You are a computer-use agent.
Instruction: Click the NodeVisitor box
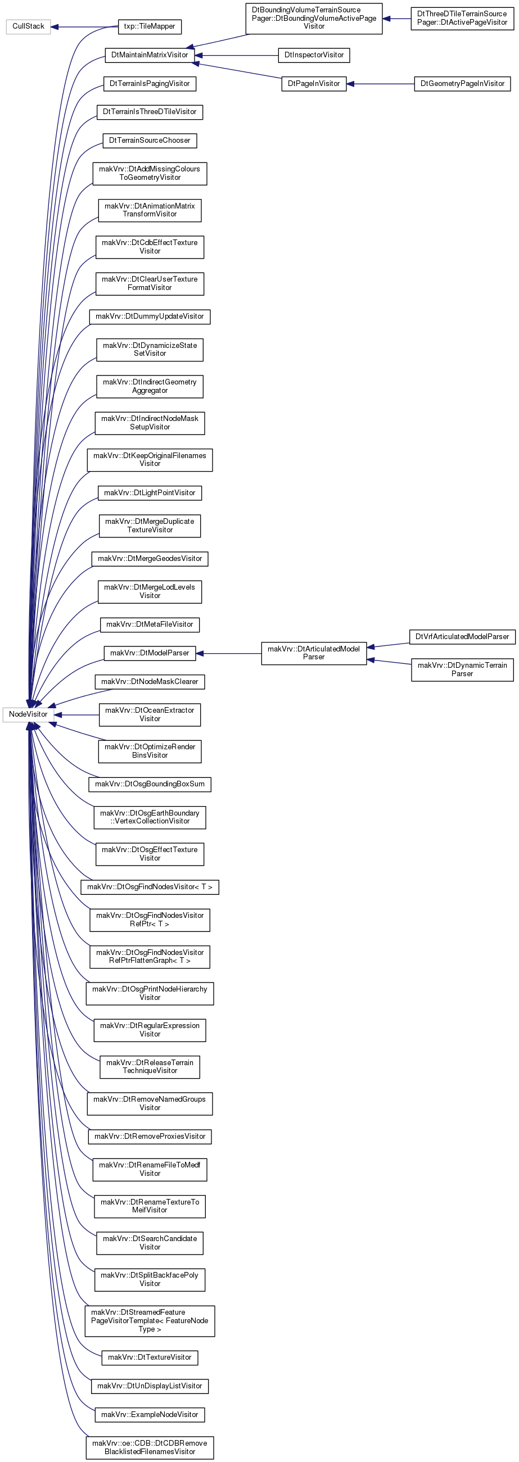click(x=28, y=714)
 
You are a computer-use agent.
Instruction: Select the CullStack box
click(x=28, y=26)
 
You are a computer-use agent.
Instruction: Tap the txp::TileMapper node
click(x=150, y=26)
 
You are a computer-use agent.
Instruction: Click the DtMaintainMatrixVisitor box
click(x=150, y=55)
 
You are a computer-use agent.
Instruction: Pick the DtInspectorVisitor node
click(x=314, y=55)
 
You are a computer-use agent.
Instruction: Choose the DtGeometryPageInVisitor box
click(x=462, y=83)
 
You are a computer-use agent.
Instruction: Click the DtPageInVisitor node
click(x=314, y=83)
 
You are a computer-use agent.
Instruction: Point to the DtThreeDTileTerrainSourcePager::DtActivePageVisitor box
click(x=462, y=18)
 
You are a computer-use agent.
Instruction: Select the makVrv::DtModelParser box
click(x=150, y=653)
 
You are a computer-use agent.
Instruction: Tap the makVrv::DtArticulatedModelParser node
click(x=314, y=653)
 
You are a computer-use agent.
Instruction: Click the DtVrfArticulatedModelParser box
click(x=462, y=637)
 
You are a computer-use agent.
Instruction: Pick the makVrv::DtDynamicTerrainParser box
click(x=462, y=669)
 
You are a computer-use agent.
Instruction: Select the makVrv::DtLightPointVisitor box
click(x=150, y=492)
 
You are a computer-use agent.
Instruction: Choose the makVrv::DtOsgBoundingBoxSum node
click(x=150, y=784)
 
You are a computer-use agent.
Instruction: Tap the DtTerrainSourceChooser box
click(x=150, y=140)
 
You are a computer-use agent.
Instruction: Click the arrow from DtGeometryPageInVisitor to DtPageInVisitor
click(x=381, y=84)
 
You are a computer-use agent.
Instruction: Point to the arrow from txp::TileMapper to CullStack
click(x=84, y=26)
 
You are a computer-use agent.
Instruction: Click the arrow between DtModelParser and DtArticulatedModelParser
click(x=228, y=654)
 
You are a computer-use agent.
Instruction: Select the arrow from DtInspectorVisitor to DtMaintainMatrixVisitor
click(x=237, y=56)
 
